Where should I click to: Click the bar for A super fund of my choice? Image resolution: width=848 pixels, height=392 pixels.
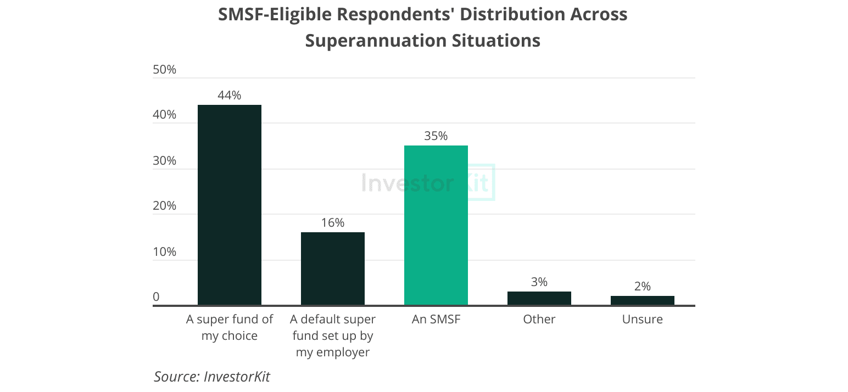point(229,204)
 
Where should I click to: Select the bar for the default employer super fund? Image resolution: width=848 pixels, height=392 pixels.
point(332,268)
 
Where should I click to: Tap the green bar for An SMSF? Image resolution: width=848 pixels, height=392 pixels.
point(436,225)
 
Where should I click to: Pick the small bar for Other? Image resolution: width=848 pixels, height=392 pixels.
point(539,298)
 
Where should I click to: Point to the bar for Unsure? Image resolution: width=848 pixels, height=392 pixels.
point(642,300)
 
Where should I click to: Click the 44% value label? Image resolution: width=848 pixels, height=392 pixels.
point(229,95)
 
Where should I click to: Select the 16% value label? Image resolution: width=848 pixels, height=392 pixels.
point(332,222)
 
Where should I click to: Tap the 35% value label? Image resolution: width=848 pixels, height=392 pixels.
point(436,136)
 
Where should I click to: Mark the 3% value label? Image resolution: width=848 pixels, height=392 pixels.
point(539,282)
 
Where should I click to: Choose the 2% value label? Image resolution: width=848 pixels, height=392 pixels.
point(642,286)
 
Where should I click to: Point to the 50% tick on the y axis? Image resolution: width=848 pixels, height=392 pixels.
point(164,70)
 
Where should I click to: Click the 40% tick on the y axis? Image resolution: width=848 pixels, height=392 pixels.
point(164,115)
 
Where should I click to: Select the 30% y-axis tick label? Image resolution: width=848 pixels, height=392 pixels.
point(164,161)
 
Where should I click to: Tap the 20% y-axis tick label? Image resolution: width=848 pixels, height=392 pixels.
point(164,206)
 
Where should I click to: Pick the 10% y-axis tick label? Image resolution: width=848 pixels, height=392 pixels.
point(164,252)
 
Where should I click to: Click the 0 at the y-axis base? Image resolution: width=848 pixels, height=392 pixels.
point(156,297)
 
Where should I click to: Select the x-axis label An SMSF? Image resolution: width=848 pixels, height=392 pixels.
point(436,319)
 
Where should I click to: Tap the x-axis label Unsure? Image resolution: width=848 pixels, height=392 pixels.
point(642,319)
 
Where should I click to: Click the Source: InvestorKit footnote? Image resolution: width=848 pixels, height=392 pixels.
point(212,377)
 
